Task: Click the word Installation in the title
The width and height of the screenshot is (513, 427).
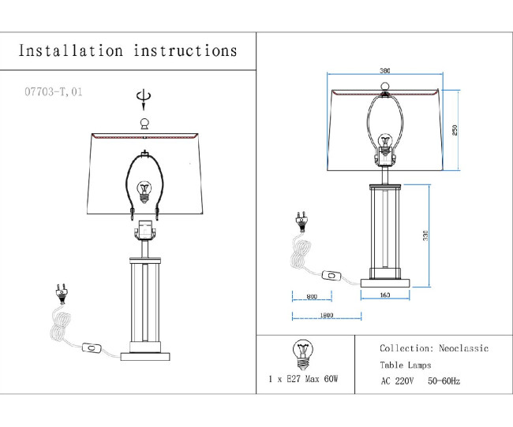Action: click(x=71, y=51)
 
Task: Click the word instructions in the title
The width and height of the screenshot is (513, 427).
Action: click(x=185, y=51)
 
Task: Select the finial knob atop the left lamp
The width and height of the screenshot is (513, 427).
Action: click(x=144, y=122)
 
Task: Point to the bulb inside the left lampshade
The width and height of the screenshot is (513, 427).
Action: click(x=144, y=191)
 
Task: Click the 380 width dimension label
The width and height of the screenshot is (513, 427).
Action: click(x=384, y=68)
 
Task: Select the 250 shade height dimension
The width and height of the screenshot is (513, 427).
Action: click(x=455, y=130)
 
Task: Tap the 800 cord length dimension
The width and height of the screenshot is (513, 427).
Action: click(x=311, y=296)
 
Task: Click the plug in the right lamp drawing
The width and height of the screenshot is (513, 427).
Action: click(x=300, y=218)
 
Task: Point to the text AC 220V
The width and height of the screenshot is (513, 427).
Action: click(x=399, y=381)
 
